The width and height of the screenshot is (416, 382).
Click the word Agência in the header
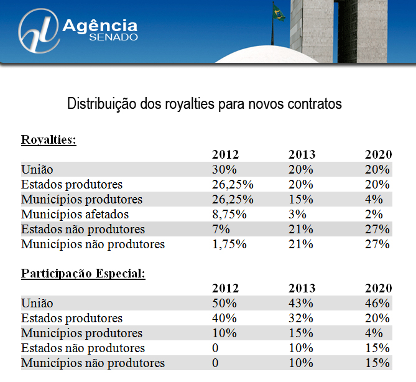[x=99, y=26]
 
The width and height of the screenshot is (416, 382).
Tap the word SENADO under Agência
[x=114, y=37]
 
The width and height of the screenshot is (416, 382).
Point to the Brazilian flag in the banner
[x=279, y=13]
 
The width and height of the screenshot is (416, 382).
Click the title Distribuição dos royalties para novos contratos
[x=205, y=104]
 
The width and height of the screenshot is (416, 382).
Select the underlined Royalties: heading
[x=49, y=139]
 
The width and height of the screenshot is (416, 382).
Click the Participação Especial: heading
[x=83, y=274]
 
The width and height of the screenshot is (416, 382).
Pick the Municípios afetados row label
[x=75, y=215]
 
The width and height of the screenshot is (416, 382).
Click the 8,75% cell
[x=229, y=215]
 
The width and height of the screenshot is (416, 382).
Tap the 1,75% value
[x=229, y=245]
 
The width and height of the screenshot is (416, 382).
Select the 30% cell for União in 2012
[x=224, y=170]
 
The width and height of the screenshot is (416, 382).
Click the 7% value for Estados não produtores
[x=221, y=230]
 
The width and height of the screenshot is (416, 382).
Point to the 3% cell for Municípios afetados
[x=297, y=215]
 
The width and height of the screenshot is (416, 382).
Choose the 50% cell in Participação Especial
[x=224, y=304]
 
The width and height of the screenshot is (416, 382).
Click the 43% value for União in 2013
[x=301, y=304]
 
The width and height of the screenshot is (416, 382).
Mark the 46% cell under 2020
[x=377, y=304]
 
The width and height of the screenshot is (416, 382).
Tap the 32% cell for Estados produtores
[x=301, y=319]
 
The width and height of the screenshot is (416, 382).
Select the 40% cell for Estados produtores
[x=224, y=319]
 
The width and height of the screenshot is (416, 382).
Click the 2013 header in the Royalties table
[x=302, y=154]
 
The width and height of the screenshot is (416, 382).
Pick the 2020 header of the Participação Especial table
[x=378, y=289]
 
